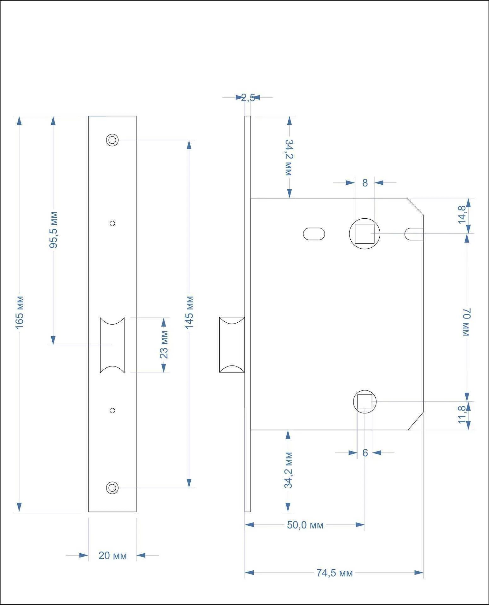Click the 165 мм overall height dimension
point(20,312)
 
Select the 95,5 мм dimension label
point(54,230)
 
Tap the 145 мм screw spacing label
point(189,312)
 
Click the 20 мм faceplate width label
point(112,556)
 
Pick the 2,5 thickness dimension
point(248,98)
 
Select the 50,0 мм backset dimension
point(305,525)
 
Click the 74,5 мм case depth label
point(334,573)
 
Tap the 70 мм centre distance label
point(467,322)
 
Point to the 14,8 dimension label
point(463,214)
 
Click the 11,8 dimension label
point(462,415)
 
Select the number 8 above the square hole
point(365,183)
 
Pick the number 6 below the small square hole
point(365,453)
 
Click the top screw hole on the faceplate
point(112,140)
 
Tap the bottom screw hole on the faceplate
point(112,488)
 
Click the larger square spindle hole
point(365,233)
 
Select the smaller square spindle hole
point(365,402)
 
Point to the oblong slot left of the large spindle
point(314,234)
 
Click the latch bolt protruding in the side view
point(232,345)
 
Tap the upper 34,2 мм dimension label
point(289,157)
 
